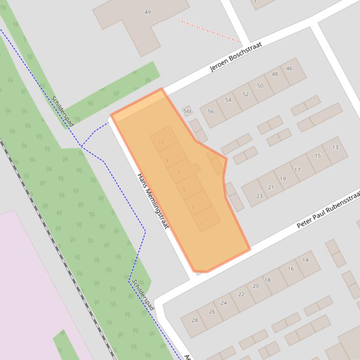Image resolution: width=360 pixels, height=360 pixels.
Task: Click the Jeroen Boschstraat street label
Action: click(235, 57)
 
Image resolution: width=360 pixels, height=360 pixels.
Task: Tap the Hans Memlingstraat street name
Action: click(153, 201)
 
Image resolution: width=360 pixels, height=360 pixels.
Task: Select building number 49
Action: click(147, 12)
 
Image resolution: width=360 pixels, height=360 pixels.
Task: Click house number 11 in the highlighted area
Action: click(161, 143)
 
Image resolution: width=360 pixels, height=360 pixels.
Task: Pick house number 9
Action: click(167, 160)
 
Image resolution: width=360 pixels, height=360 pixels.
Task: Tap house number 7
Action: click(178, 172)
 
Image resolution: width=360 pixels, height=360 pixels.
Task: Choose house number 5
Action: click(184, 189)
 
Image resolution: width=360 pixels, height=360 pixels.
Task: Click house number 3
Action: click(192, 207)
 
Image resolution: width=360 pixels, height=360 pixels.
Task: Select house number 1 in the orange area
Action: click(201, 224)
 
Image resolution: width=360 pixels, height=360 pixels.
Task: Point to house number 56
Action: click(211, 111)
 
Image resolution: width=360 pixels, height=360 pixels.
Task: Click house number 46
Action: click(289, 68)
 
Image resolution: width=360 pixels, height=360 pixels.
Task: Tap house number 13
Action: click(335, 147)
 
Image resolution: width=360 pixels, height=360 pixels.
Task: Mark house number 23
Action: click(259, 196)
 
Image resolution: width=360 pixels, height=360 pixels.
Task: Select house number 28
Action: click(195, 320)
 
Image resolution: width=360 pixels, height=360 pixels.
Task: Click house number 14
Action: click(305, 260)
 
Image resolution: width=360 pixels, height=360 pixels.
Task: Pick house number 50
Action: click(260, 86)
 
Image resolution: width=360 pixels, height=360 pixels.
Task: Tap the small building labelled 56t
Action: click(187, 111)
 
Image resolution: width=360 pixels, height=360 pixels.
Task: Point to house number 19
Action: click(283, 179)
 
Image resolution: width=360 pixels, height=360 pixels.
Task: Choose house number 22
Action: click(241, 294)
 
